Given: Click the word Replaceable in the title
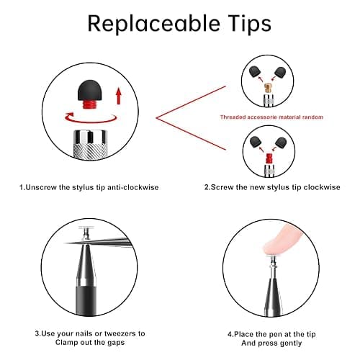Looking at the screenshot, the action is pyautogui.click(x=153, y=23).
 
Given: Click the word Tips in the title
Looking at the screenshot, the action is pyautogui.click(x=250, y=24).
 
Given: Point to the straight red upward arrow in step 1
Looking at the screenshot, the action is pyautogui.click(x=118, y=96).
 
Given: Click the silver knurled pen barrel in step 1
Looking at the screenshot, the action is pyautogui.click(x=90, y=144).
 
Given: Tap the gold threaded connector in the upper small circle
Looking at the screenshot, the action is pyautogui.click(x=268, y=88).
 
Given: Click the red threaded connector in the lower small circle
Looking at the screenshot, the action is pyautogui.click(x=269, y=158).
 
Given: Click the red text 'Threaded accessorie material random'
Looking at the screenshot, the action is pyautogui.click(x=271, y=117).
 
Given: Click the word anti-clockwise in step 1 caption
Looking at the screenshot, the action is pyautogui.click(x=132, y=187).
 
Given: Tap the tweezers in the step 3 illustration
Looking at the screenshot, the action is pyautogui.click(x=99, y=243).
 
